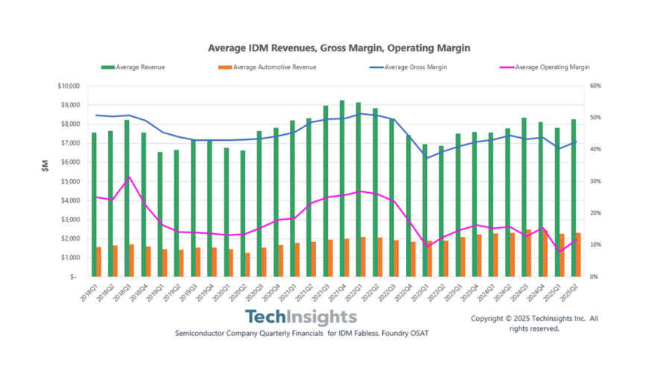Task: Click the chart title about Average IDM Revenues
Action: [339, 48]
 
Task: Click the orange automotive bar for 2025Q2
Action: [578, 254]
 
